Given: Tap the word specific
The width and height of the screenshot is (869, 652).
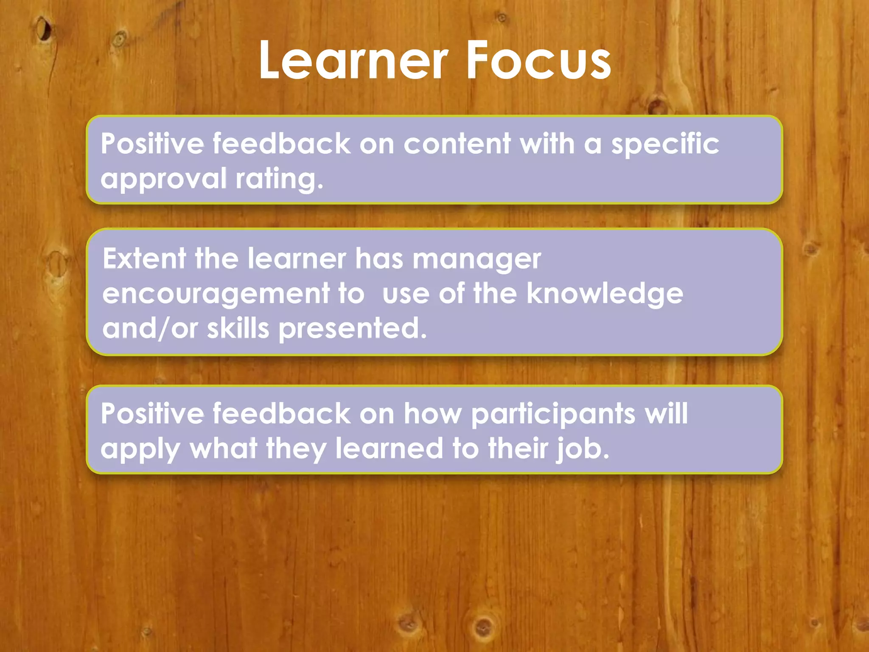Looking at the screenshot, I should click(665, 144).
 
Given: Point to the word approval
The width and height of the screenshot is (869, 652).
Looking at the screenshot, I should click(163, 179).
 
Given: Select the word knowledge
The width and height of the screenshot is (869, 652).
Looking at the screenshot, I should click(605, 294).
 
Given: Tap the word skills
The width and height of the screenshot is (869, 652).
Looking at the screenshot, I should click(238, 328).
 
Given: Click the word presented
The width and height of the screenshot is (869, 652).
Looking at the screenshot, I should click(352, 328).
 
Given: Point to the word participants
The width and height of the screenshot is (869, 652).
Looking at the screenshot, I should click(553, 414).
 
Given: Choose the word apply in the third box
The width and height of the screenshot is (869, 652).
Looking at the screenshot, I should click(140, 449).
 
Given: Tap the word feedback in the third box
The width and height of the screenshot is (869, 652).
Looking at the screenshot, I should click(281, 413).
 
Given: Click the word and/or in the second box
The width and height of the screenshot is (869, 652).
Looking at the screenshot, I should click(150, 329).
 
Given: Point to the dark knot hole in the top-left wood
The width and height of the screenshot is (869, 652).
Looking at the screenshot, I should click(44, 29).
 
